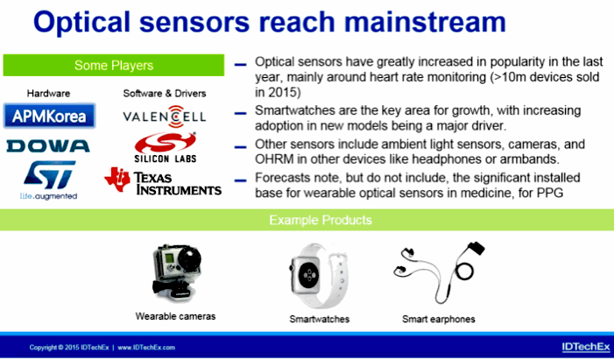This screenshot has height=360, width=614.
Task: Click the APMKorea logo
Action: coord(49,116)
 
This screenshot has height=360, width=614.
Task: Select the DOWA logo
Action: coord(48,146)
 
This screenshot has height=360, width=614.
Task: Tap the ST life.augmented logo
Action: coord(49,180)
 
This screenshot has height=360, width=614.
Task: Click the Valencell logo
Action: coord(165,116)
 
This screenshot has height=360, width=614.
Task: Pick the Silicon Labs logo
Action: coord(166,148)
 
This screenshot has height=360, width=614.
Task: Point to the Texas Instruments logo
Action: coord(163,181)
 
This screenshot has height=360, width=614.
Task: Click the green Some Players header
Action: coord(114,65)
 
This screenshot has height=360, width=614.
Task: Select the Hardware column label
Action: coord(48,93)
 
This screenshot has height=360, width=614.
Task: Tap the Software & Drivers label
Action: coord(165,93)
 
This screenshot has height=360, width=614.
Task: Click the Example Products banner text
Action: coord(321,220)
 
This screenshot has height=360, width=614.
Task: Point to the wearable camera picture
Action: coord(176,273)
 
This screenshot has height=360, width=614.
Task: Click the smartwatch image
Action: coord(319,276)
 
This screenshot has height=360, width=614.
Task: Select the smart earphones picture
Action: coord(439,272)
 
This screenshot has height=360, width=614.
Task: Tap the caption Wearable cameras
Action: coord(175,316)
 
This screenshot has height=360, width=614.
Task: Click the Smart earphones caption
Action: coord(439,319)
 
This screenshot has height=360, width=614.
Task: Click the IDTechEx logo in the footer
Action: coord(586,347)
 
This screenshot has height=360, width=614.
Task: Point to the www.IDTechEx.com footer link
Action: coord(146,348)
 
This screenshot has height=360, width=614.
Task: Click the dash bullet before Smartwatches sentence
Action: coord(240,114)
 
